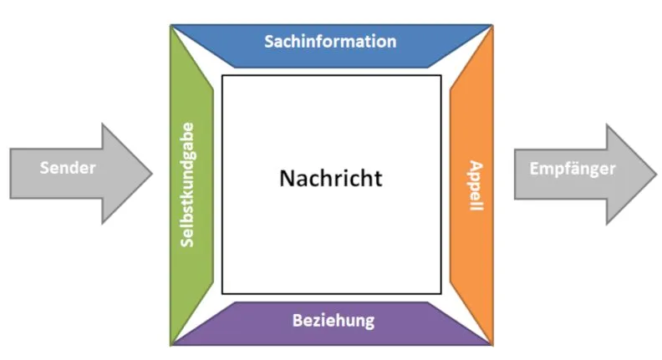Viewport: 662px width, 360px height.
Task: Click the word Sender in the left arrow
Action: pos(68,168)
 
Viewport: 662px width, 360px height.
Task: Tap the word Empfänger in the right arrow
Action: pos(573,169)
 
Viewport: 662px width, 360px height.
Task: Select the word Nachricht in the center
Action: pos(331,178)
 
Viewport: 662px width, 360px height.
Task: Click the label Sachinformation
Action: pos(330,42)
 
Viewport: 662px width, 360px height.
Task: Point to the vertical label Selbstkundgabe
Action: pos(187,185)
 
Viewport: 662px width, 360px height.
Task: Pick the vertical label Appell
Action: pos(476,185)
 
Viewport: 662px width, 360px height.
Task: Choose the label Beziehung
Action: pos(334,321)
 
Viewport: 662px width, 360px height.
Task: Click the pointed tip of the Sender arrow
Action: pos(152,173)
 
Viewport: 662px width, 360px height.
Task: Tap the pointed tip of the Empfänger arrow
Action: pos(656,174)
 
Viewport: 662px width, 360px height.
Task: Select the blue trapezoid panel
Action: pos(332,46)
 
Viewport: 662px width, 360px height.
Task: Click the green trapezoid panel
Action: pos(191,185)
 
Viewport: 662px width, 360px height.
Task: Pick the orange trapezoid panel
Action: pos(471,185)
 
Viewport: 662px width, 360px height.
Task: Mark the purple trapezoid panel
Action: pos(332,324)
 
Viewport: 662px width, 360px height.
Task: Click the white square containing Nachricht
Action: pos(332,185)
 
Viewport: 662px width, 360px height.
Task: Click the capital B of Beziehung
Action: pos(298,321)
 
